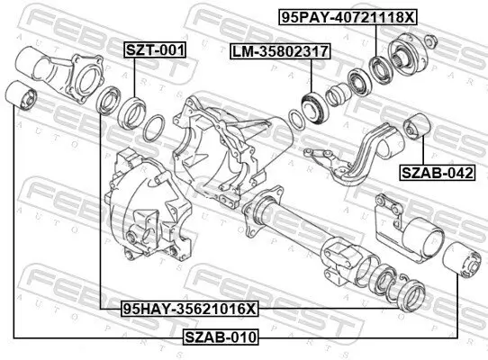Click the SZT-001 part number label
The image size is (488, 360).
pos(154,51)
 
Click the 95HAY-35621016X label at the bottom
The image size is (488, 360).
pos(190,309)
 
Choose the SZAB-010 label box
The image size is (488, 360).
pos(220,337)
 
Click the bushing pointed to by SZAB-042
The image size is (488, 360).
pos(417,126)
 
